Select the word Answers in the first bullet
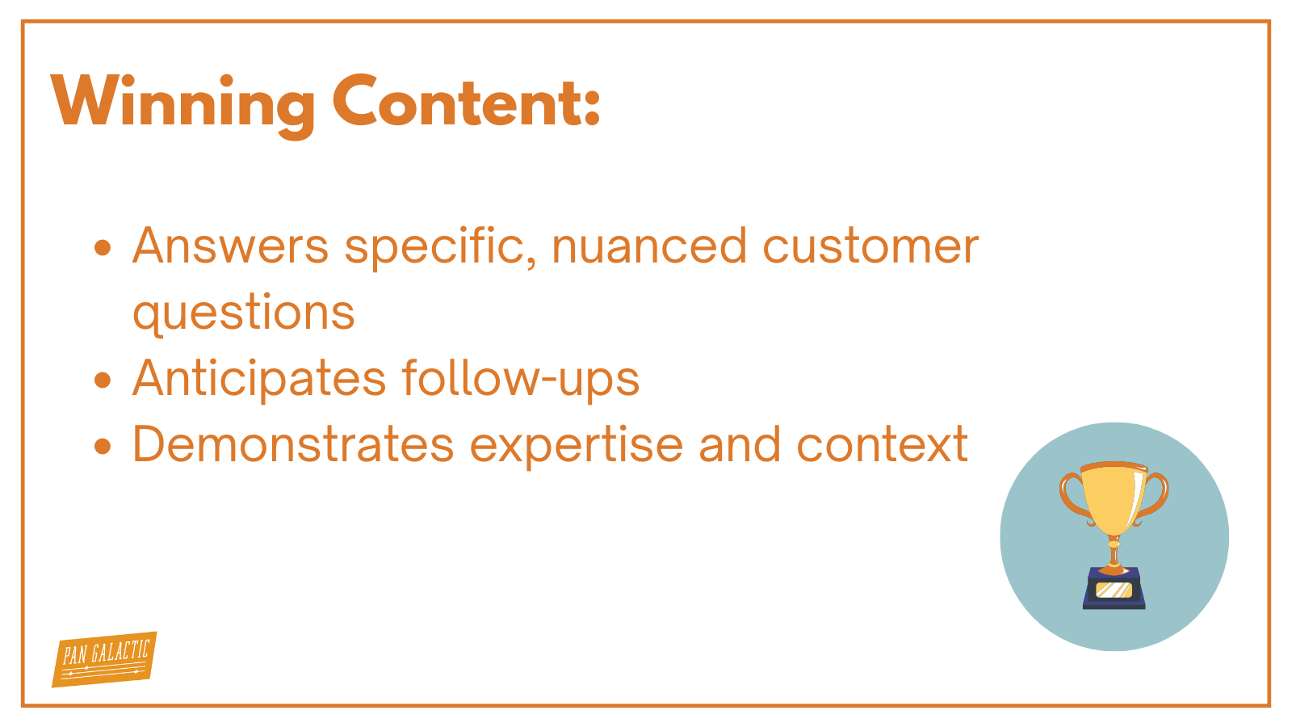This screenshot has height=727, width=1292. [x=231, y=246]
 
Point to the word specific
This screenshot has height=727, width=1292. [x=440, y=248]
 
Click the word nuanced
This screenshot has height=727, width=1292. [x=649, y=246]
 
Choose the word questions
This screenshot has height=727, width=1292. [x=243, y=313]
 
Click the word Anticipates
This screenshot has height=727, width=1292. [x=259, y=379]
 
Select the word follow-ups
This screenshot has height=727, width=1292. [x=521, y=379]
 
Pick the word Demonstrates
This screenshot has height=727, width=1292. [x=293, y=445]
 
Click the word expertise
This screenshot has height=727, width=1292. [x=577, y=447]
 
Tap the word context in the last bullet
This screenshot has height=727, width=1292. [x=883, y=445]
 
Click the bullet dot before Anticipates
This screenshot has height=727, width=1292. [x=103, y=380]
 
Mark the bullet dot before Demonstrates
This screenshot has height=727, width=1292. [x=103, y=446]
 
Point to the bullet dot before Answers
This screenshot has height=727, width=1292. [x=103, y=247]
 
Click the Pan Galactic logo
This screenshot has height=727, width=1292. [x=104, y=659]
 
